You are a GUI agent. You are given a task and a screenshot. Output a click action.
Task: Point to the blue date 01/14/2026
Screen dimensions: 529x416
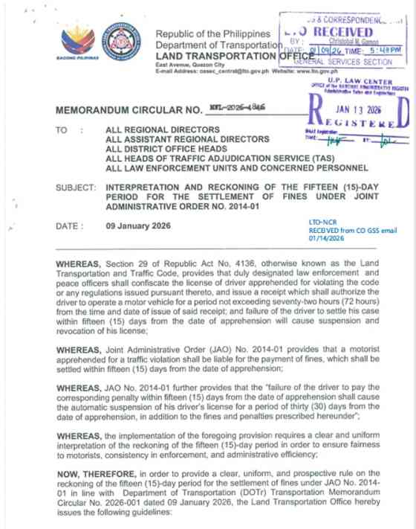[x=326, y=240]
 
